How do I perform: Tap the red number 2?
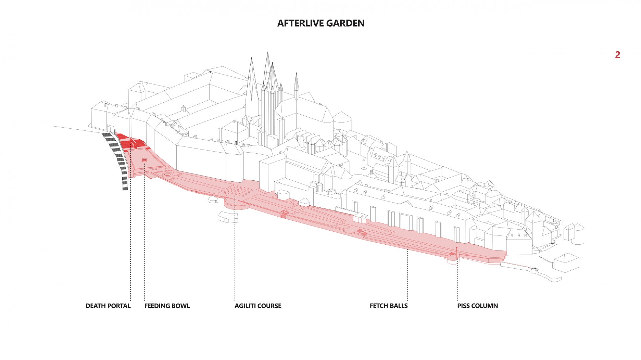(617, 55)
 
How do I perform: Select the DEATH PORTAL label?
(108, 306)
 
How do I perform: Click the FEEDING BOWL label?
(167, 306)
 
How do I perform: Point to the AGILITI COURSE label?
(258, 306)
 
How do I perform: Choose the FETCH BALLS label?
(389, 306)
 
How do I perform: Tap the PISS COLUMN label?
(477, 306)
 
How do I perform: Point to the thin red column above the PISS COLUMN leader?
(457, 252)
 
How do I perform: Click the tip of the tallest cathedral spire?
(267, 53)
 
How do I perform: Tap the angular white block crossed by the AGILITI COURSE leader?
(227, 217)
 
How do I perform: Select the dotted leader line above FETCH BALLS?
(407, 274)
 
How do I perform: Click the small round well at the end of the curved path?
(535, 270)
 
